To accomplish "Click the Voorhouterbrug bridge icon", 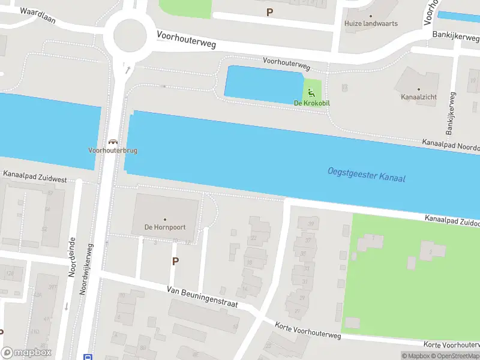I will (x=112, y=142).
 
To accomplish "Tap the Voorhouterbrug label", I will (x=113, y=151).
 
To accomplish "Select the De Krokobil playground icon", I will (x=311, y=92).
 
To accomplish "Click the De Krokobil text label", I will (x=312, y=103).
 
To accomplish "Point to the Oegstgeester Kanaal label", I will (x=367, y=175).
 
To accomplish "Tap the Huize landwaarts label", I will (x=371, y=24).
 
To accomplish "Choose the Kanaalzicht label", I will (x=419, y=96).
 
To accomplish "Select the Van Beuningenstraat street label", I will (x=202, y=297).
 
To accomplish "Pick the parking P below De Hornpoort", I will (x=175, y=262).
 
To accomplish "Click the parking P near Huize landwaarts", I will (x=269, y=12).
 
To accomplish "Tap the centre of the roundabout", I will (x=130, y=34).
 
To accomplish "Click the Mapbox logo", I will (x=26, y=353).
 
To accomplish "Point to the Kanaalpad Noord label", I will (x=450, y=145).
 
